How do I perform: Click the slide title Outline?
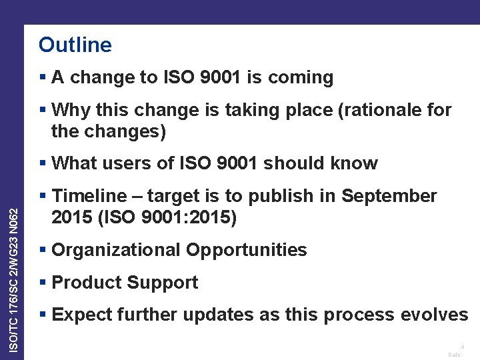coord(75,45)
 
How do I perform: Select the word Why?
coord(69,109)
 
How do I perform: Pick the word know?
coord(355,163)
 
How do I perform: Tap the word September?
coord(389,196)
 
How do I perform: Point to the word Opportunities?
coord(246,250)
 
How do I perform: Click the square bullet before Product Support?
coord(43,283)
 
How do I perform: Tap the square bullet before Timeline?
coord(43,196)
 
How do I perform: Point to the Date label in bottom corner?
coord(455,355)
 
